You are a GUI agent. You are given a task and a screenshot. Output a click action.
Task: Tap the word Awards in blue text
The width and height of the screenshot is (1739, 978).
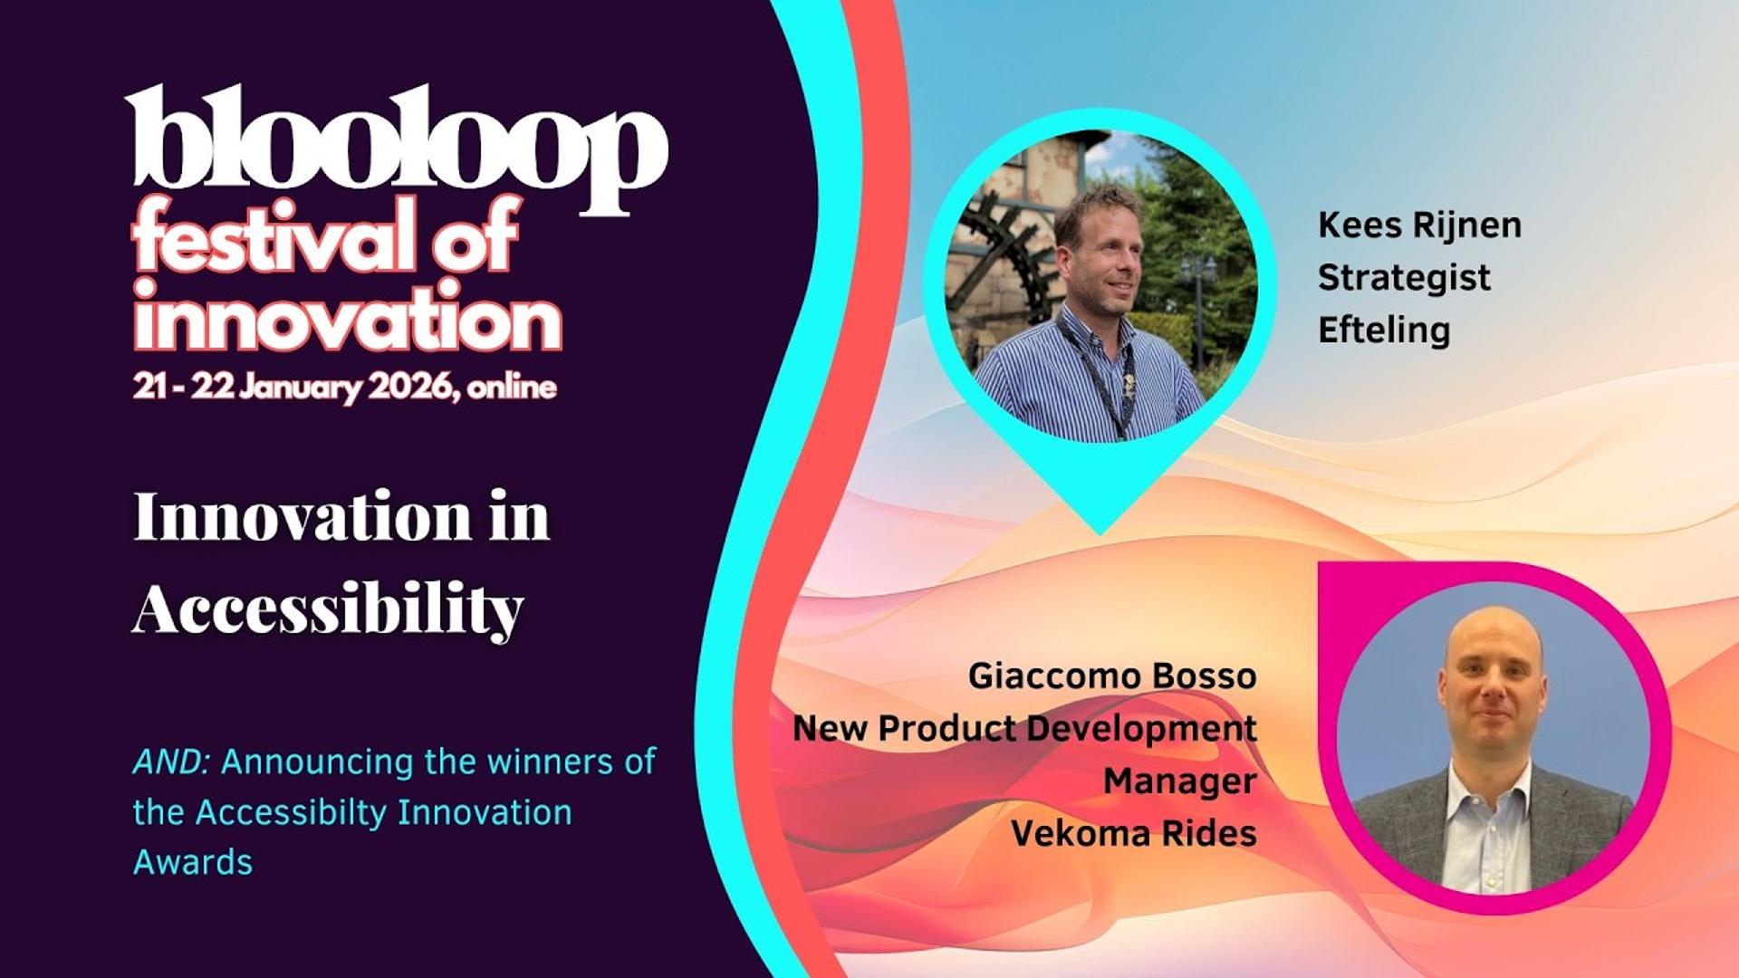pyautogui.click(x=193, y=862)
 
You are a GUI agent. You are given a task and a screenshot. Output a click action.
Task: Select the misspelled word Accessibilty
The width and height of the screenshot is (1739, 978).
pyautogui.click(x=293, y=812)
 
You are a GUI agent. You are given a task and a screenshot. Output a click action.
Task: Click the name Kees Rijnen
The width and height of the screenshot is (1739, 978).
pyautogui.click(x=1419, y=225)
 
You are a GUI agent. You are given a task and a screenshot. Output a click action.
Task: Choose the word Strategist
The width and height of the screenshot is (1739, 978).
pyautogui.click(x=1404, y=277)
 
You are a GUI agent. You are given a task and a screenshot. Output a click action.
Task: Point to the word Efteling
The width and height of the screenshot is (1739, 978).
pyautogui.click(x=1384, y=330)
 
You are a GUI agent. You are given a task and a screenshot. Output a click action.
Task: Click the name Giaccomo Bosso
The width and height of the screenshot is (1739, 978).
pyautogui.click(x=1112, y=676)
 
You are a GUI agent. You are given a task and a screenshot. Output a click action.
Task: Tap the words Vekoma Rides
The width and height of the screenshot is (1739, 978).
pyautogui.click(x=1134, y=833)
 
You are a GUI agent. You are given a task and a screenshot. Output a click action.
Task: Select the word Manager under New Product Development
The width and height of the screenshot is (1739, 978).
pyautogui.click(x=1180, y=781)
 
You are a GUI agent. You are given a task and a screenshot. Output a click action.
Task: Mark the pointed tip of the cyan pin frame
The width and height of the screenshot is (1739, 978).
pyautogui.click(x=1100, y=533)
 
